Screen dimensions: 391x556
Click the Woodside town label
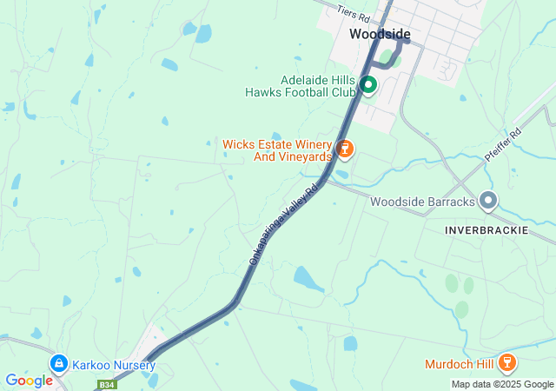pyautogui.click(x=380, y=34)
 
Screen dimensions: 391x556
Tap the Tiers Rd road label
pyautogui.click(x=354, y=12)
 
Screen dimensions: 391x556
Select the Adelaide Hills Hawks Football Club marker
pyautogui.click(x=367, y=84)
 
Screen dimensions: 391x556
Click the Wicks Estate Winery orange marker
pyautogui.click(x=345, y=149)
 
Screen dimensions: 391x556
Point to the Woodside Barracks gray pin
pyautogui.click(x=488, y=202)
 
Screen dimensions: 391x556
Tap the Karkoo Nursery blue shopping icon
pyautogui.click(x=58, y=362)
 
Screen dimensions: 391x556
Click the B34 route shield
pyautogui.click(x=107, y=384)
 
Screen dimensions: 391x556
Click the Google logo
pyautogui.click(x=29, y=381)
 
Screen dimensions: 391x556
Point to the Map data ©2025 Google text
pyautogui.click(x=502, y=384)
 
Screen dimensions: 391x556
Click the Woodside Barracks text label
pyautogui.click(x=422, y=202)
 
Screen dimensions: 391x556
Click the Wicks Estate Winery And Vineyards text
pyautogui.click(x=278, y=150)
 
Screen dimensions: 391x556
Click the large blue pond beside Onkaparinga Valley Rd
pyautogui.click(x=308, y=279)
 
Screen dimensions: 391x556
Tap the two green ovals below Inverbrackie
pyautogui.click(x=460, y=284)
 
